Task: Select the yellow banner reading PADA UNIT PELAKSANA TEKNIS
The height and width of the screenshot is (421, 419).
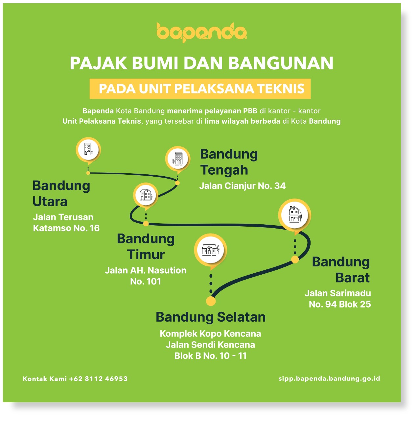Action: click(x=200, y=89)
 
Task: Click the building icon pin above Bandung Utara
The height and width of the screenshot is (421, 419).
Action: click(x=88, y=150)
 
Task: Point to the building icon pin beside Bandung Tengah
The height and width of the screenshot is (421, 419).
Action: click(x=177, y=159)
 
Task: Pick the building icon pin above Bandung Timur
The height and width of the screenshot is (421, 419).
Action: click(x=146, y=195)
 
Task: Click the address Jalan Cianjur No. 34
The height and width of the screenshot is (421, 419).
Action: click(x=242, y=186)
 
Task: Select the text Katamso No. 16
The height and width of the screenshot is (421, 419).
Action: click(x=66, y=228)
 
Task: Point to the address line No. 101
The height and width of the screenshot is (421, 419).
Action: click(x=145, y=282)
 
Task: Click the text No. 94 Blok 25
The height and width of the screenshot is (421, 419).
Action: click(x=340, y=304)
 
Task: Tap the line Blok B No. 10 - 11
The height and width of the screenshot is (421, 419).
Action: click(x=210, y=356)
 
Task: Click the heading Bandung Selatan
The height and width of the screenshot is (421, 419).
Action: click(x=211, y=317)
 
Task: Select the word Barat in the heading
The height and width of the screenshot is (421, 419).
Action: click(x=352, y=278)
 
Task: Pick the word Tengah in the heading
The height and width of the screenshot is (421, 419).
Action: click(x=224, y=170)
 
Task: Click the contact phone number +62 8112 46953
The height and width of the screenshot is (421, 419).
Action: click(x=98, y=379)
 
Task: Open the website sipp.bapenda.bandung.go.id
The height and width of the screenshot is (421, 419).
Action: click(x=329, y=379)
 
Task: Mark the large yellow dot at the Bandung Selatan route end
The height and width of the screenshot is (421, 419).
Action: click(x=211, y=301)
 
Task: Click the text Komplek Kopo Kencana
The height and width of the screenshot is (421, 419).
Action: click(x=210, y=334)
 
